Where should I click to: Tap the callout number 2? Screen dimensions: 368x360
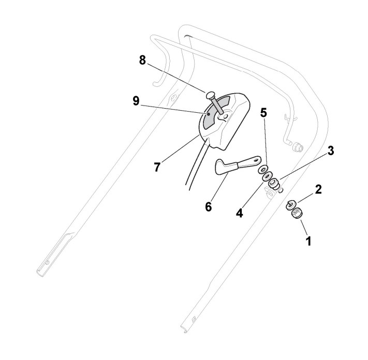318,189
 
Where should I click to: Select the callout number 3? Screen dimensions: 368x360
330,151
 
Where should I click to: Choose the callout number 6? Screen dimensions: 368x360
209,206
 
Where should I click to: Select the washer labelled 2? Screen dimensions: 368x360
291,203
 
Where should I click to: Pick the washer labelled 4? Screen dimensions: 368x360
268,176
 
